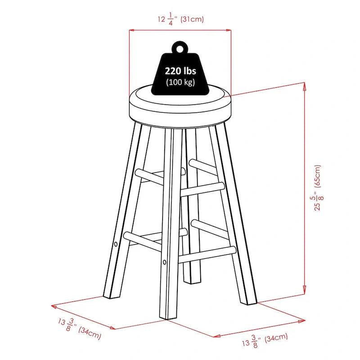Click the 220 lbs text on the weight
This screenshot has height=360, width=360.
coord(180,71)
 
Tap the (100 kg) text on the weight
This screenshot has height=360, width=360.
coord(180,82)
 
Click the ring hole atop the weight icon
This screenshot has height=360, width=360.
coord(180,49)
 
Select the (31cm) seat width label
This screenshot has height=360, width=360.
coord(192,19)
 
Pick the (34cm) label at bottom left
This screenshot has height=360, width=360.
coord(90,333)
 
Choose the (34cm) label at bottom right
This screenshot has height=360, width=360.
coord(276,338)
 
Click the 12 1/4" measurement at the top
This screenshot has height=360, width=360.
coord(167,19)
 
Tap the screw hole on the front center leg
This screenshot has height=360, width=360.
coord(164,262)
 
